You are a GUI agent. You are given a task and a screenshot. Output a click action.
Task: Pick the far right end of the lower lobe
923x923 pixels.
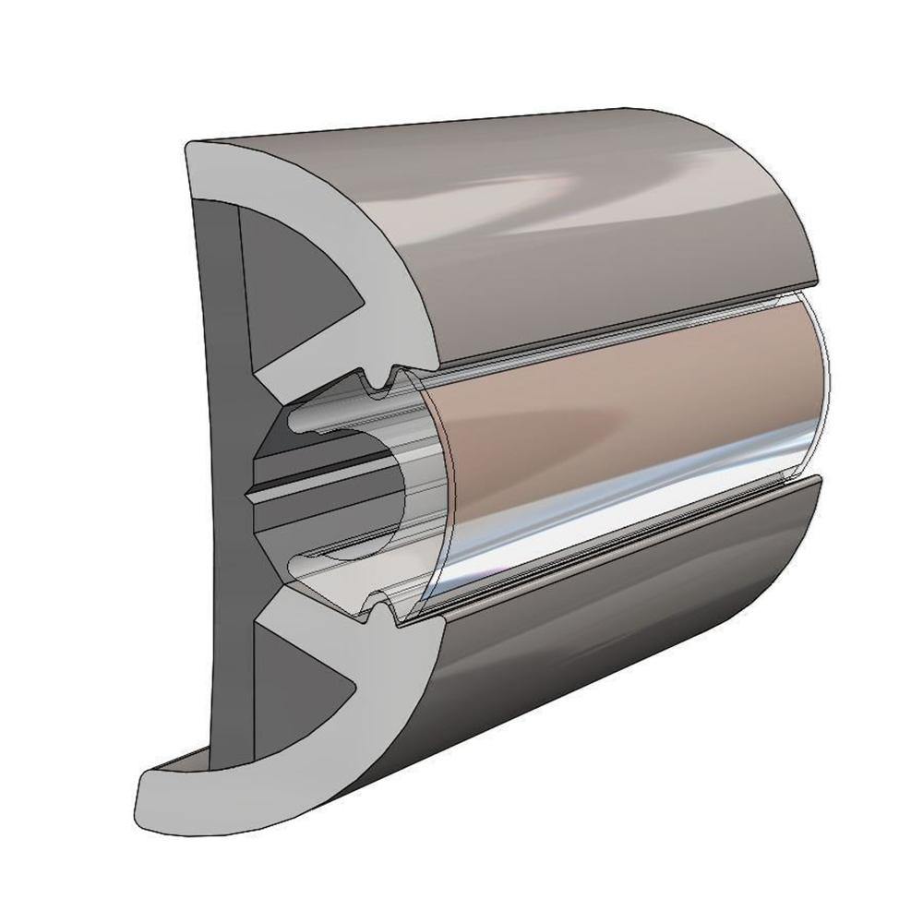(817, 489)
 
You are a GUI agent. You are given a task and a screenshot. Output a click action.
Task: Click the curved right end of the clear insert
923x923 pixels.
(821, 388)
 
